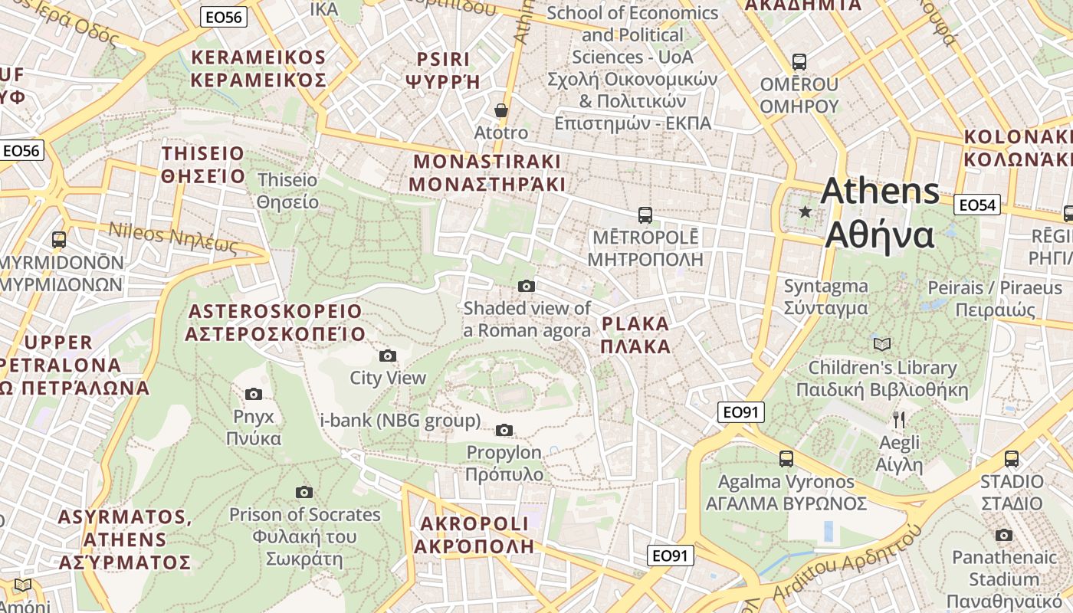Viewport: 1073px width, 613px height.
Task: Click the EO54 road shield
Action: tap(977, 205)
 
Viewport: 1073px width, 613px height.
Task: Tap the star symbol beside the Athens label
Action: tap(805, 211)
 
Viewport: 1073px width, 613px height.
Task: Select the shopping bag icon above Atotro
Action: tap(501, 111)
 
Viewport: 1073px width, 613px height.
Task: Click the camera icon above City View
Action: tap(388, 356)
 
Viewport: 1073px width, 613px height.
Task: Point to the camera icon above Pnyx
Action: tap(254, 395)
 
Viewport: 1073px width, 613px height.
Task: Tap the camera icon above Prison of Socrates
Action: tap(304, 492)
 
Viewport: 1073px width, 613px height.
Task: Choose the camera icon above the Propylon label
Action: tap(504, 430)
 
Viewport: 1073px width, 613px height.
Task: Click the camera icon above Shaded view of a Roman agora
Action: tap(527, 286)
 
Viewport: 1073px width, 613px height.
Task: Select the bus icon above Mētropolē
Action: tap(645, 215)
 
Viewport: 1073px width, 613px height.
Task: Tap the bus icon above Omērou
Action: tap(799, 62)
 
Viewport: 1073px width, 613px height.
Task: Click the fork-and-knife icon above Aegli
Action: tap(900, 420)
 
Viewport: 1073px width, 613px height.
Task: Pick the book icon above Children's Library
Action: tap(882, 345)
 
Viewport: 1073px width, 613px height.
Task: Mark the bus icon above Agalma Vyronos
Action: tap(786, 459)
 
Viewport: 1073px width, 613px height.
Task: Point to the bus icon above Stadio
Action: tap(1012, 459)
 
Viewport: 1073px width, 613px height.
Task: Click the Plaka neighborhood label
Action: tap(635, 335)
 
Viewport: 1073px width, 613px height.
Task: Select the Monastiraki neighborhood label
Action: tap(487, 173)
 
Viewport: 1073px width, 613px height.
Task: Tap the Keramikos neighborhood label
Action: tap(258, 69)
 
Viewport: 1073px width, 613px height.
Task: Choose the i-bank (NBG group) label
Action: tap(400, 421)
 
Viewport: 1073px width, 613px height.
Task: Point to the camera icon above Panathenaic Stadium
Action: tap(1004, 535)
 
